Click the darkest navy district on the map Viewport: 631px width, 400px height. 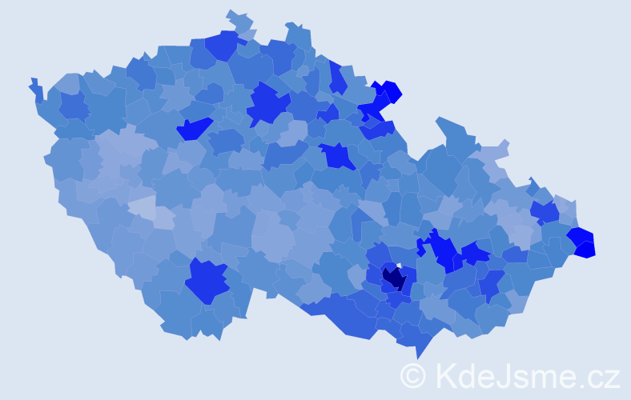394,278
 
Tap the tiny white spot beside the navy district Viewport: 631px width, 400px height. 399,266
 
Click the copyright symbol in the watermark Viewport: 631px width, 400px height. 413,374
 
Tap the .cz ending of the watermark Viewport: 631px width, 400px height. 601,376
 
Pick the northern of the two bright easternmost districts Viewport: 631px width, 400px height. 581,235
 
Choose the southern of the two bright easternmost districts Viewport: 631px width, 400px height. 585,250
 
